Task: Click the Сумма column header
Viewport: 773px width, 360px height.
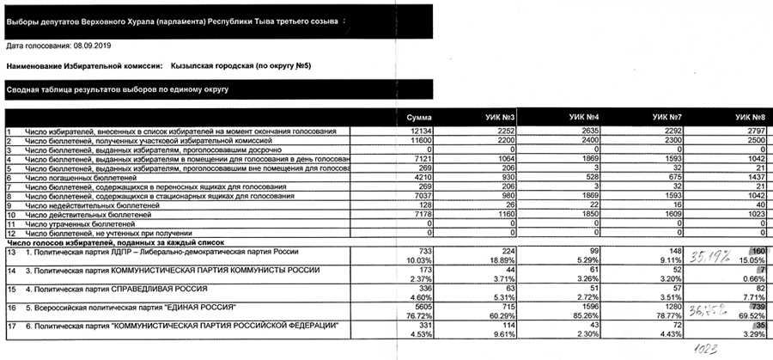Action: tap(418, 115)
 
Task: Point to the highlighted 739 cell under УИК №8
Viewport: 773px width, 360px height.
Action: tap(753, 307)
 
